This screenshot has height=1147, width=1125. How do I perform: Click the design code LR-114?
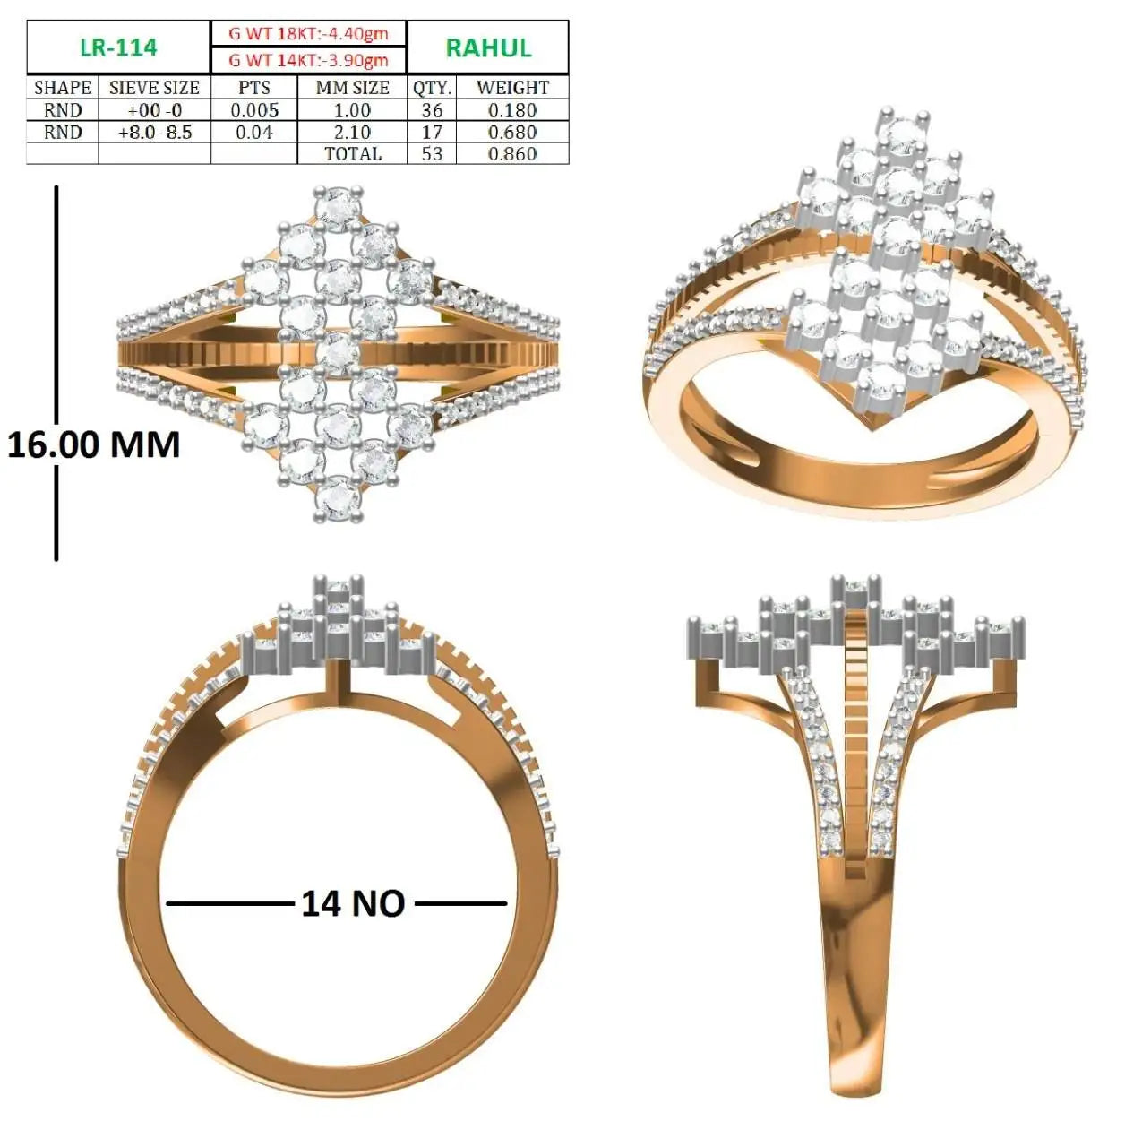tap(118, 47)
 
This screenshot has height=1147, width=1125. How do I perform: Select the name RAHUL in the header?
tap(488, 48)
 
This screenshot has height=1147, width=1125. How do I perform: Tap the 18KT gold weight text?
tap(308, 33)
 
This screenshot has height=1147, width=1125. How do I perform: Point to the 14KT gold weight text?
tap(308, 60)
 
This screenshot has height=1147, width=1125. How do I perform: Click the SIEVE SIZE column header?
tap(154, 88)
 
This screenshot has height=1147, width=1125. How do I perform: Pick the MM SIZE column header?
tap(352, 88)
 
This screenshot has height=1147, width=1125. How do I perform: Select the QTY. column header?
tap(432, 88)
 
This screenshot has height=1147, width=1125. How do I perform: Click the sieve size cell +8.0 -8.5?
tap(155, 132)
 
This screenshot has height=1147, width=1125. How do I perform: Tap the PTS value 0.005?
tap(254, 110)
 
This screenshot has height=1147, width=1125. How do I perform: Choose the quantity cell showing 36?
tap(432, 110)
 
